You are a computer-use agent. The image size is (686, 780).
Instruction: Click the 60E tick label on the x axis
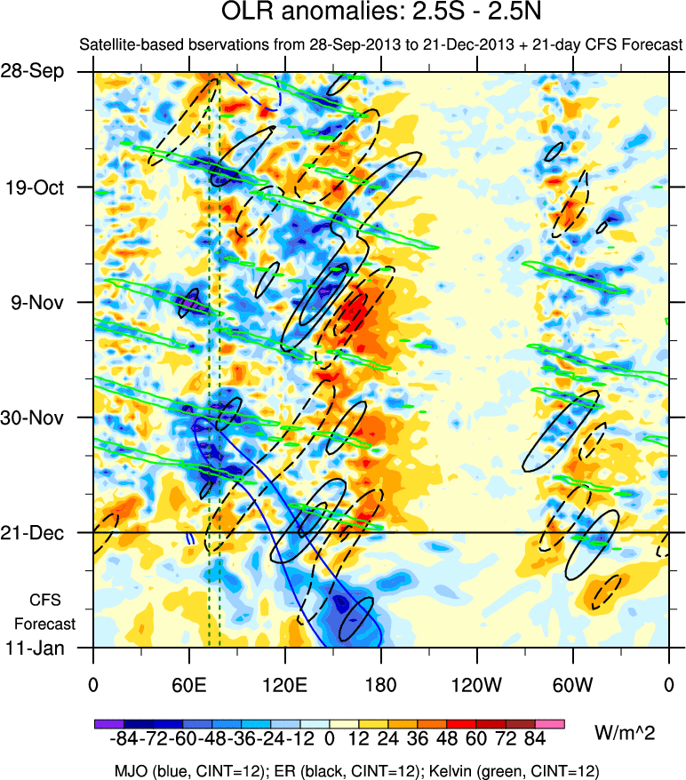(x=188, y=686)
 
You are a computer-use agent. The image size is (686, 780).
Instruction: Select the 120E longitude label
(x=285, y=686)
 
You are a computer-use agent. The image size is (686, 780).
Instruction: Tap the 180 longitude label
(x=381, y=686)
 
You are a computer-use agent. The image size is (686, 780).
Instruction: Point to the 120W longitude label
(x=477, y=686)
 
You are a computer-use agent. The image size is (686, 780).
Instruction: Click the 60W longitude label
(x=573, y=686)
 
